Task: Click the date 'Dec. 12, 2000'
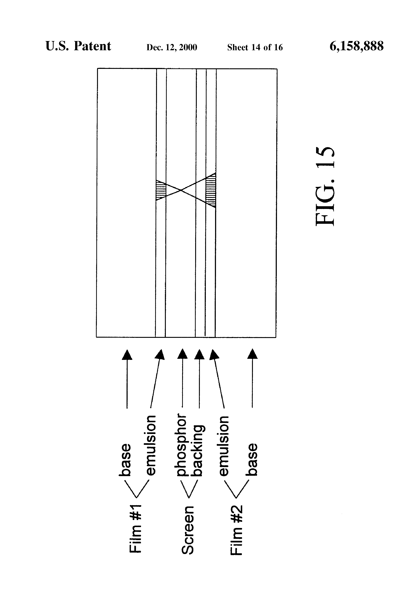pos(172,47)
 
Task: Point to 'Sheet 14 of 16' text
pos(255,47)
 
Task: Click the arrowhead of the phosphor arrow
pos(182,354)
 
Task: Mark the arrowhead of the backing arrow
pos(199,354)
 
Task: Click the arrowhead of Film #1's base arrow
pos(127,354)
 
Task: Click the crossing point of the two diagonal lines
pos(181,190)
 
